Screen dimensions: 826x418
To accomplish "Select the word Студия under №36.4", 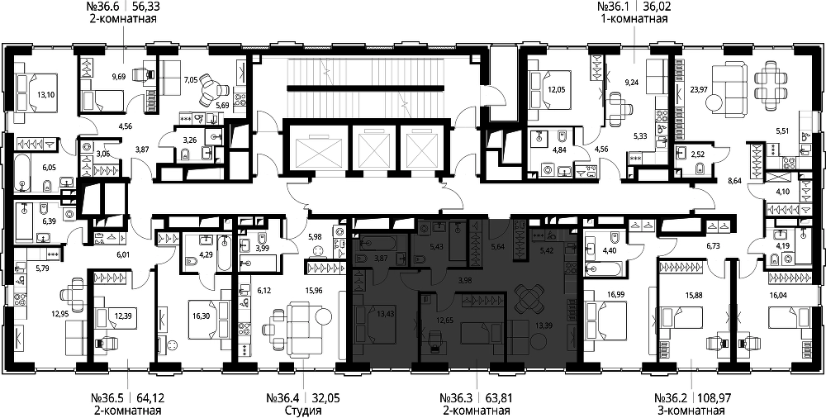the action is pyautogui.click(x=301, y=411).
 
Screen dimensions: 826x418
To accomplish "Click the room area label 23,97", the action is pyautogui.click(x=699, y=89).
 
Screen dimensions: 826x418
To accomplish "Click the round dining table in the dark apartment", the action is pyautogui.click(x=528, y=298).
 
